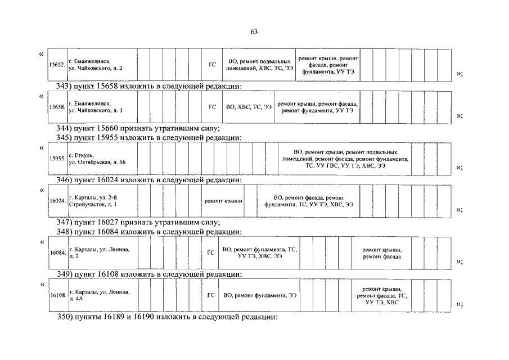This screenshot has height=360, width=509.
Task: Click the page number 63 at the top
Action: click(x=254, y=31)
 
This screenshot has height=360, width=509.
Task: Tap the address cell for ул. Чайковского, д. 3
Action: click(x=101, y=107)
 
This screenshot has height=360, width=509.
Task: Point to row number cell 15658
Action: click(x=57, y=107)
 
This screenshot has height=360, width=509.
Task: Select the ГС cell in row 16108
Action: click(x=210, y=295)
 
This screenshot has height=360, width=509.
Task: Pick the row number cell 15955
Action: click(x=57, y=159)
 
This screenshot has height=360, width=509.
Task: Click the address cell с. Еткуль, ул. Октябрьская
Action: click(x=101, y=159)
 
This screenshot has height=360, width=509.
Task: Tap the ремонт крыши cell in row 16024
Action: click(x=223, y=201)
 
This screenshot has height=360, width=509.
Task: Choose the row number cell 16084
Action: click(x=57, y=253)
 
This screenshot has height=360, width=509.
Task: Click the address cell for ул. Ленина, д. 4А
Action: click(x=101, y=295)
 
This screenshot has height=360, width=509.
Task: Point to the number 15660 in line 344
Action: click(x=106, y=129)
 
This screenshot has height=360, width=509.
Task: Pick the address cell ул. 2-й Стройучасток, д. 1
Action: click(x=101, y=201)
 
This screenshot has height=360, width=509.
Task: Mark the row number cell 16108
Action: click(x=57, y=295)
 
